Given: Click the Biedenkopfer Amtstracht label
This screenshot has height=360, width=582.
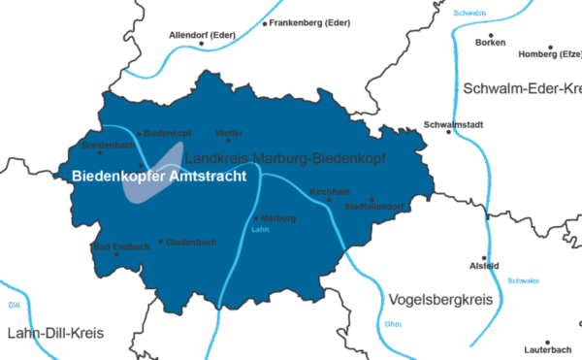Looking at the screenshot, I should tap(158, 177).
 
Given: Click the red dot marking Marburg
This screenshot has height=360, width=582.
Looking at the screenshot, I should tap(255, 218).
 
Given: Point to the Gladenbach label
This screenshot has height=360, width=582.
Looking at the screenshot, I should tap(191, 242).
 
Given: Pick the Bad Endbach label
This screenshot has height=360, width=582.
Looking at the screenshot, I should tap(120, 247).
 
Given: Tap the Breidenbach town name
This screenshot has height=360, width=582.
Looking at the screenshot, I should tap(109, 146).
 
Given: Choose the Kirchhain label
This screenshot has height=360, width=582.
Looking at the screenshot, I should tap(323, 191).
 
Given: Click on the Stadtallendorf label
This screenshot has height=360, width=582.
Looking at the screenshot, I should tap(373, 207).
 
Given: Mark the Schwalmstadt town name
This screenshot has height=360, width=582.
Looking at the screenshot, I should tap(452, 124).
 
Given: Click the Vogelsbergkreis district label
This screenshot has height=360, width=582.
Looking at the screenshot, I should tap(439, 298).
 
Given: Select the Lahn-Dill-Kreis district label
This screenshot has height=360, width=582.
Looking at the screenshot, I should tap(54, 333).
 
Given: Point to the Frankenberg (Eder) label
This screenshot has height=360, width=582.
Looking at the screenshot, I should tap(309, 21).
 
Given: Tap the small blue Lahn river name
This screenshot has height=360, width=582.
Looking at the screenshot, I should tap(258, 231).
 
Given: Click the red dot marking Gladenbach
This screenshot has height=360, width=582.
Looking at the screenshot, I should tap(161, 242).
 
